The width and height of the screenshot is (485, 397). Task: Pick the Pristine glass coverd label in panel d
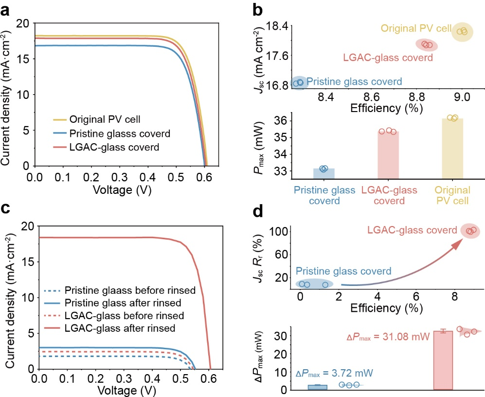(x=343, y=271)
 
